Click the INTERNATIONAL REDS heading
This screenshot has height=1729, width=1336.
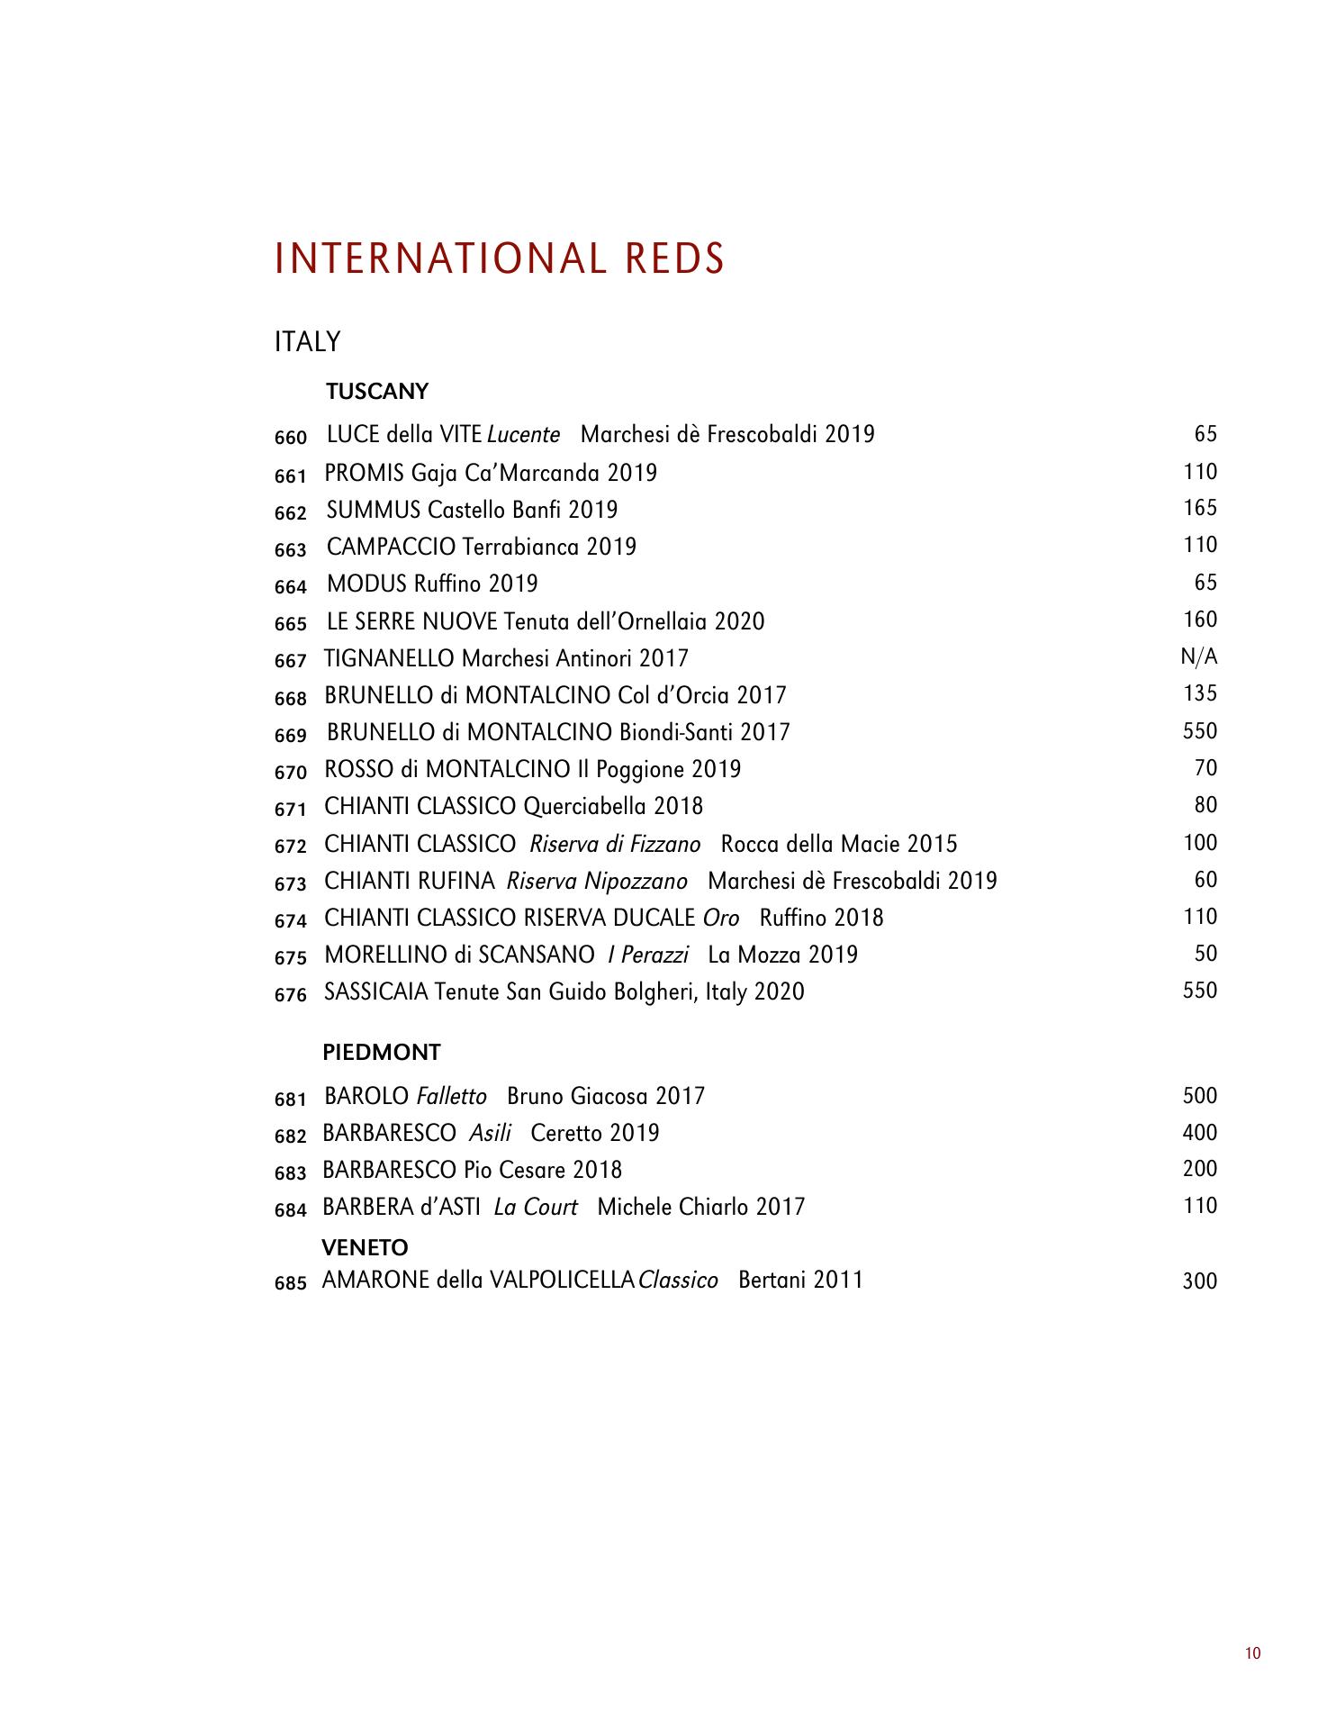(x=500, y=258)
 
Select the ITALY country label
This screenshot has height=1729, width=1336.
(x=308, y=342)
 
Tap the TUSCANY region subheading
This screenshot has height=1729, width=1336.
(x=377, y=392)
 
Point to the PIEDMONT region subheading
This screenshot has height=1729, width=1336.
(x=382, y=1052)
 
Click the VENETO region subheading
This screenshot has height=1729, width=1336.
(x=365, y=1247)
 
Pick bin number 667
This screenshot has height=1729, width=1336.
(x=291, y=661)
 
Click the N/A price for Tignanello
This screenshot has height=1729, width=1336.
(x=1198, y=657)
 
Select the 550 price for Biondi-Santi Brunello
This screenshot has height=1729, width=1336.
(x=1199, y=731)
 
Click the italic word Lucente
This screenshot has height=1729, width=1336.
(x=523, y=435)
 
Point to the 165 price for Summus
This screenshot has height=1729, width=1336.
(x=1200, y=508)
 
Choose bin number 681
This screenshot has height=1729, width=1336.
(x=291, y=1099)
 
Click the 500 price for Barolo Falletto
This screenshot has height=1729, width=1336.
(x=1199, y=1096)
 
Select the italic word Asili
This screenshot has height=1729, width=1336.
(x=490, y=1133)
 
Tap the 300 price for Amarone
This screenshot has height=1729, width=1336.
(x=1199, y=1281)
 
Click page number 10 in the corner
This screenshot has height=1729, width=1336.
(x=1253, y=1653)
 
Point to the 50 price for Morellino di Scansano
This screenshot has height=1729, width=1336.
(x=1205, y=954)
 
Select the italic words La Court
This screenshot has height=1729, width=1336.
(x=536, y=1207)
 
